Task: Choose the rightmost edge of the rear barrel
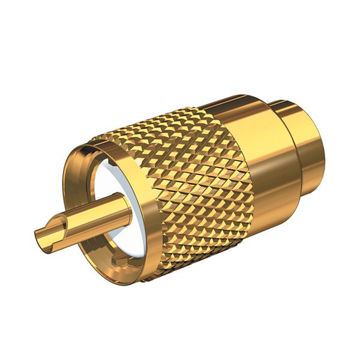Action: point(325,144)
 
